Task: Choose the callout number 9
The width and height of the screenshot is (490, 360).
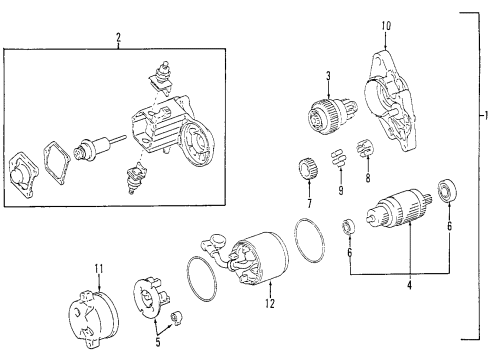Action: (339, 189)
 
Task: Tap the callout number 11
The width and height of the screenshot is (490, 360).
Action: (99, 267)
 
